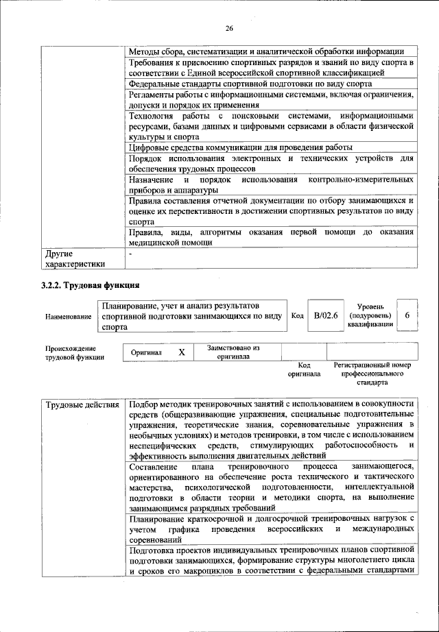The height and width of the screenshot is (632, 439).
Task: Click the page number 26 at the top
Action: pos(229,27)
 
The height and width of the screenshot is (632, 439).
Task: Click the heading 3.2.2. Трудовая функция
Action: pos(90,284)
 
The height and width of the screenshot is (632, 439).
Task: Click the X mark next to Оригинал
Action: pos(182,352)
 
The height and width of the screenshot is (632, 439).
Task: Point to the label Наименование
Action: pos(69,317)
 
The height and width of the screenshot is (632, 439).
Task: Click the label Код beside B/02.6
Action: pos(297,315)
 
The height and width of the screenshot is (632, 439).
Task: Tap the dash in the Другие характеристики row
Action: pos(130,254)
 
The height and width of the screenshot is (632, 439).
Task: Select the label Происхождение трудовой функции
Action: pos(75,352)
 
